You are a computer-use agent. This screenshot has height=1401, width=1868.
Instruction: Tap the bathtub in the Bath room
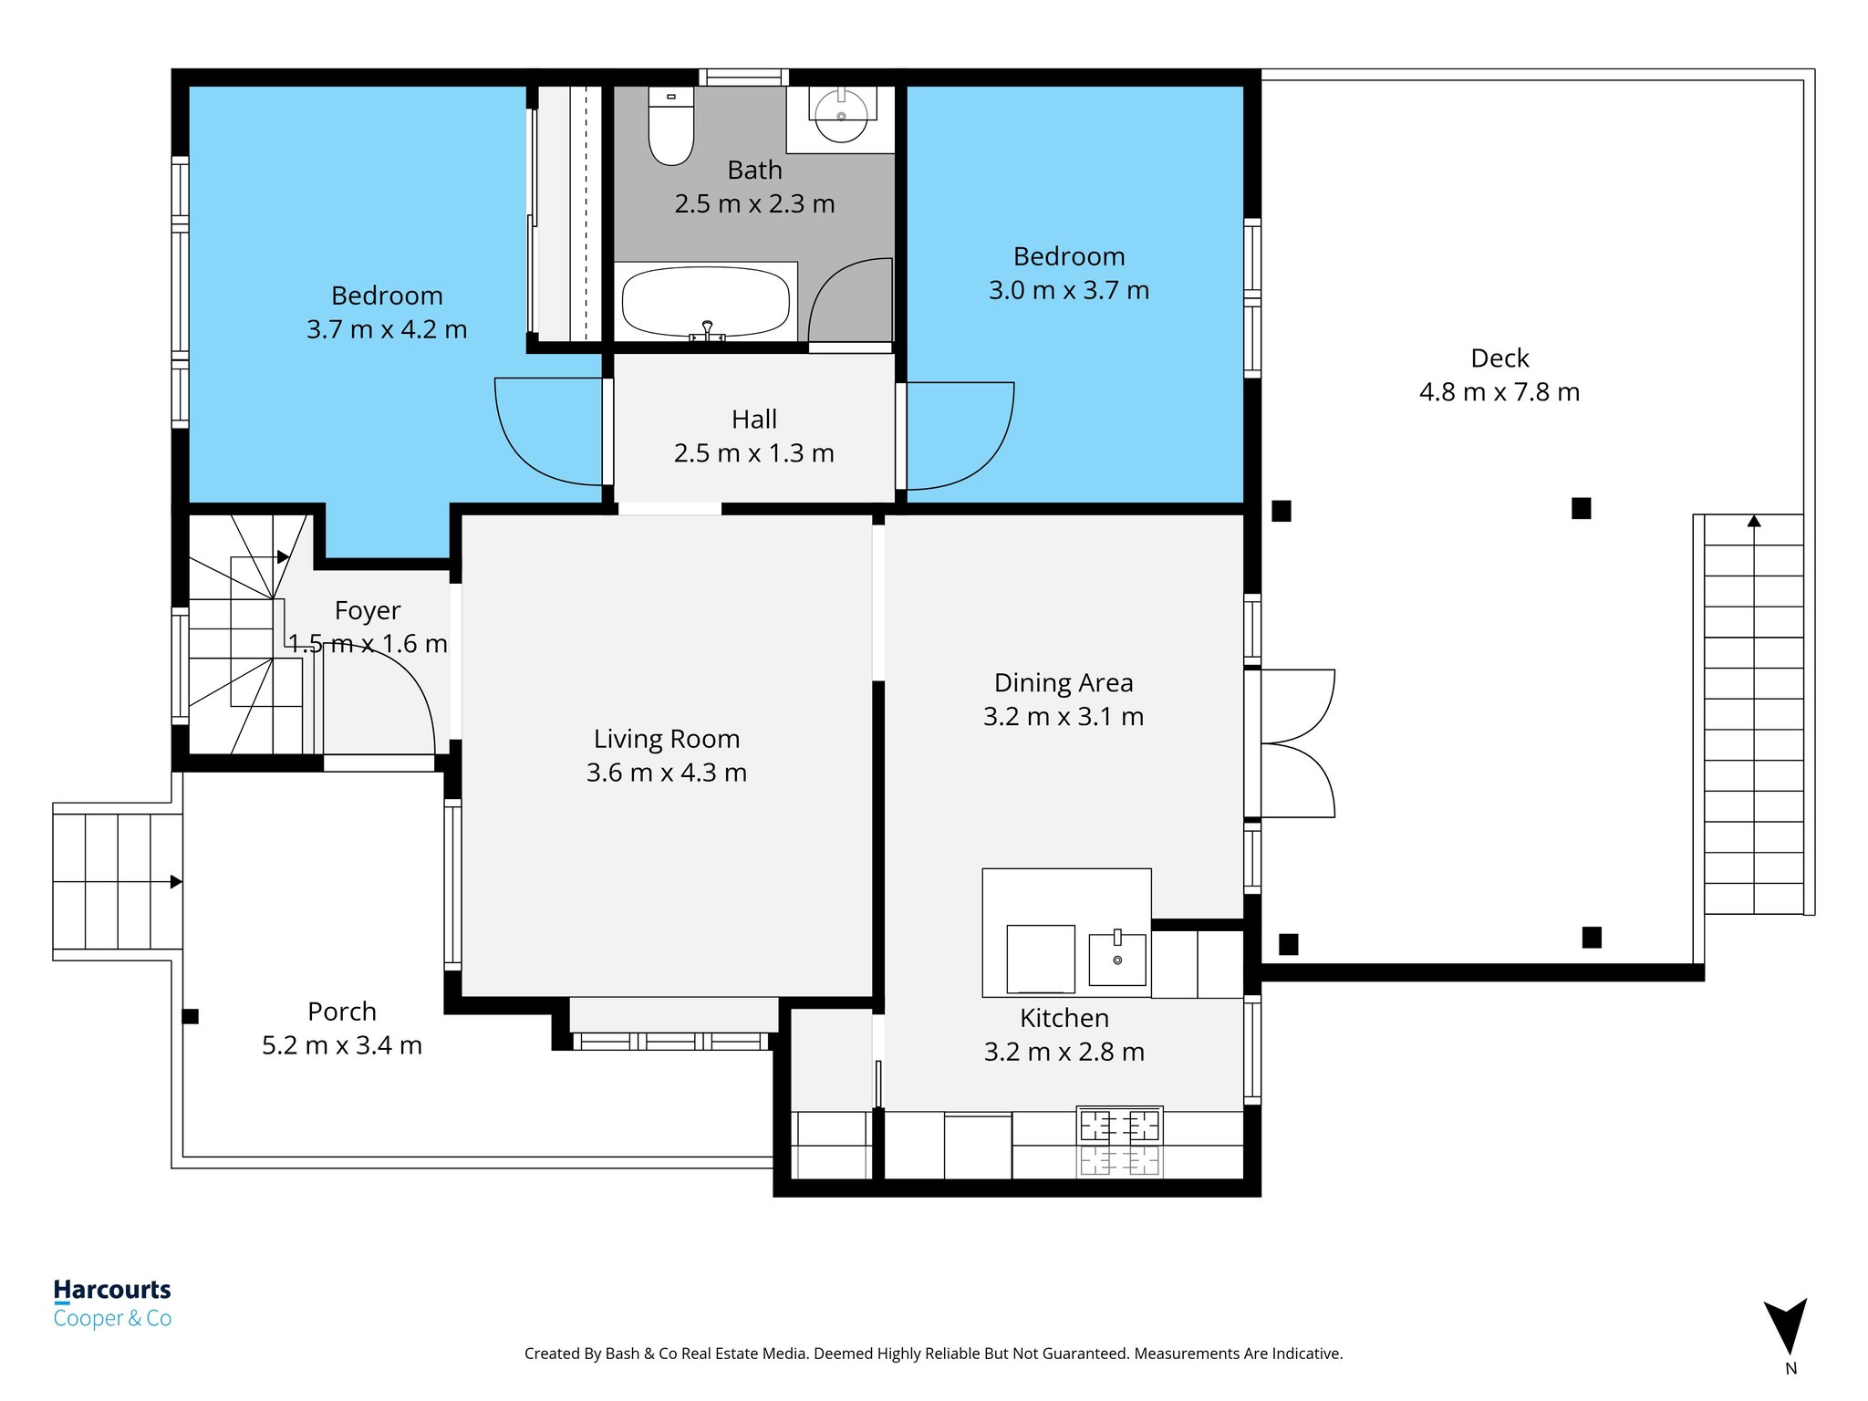tap(706, 302)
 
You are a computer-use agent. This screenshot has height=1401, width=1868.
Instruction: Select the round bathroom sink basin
tap(841, 117)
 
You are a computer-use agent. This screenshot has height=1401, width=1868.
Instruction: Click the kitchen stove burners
tap(1119, 1140)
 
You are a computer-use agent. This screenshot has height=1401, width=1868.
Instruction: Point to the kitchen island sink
tap(1117, 958)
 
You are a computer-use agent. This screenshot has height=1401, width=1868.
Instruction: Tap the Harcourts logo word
tap(112, 1290)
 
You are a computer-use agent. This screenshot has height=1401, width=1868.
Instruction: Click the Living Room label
tap(667, 739)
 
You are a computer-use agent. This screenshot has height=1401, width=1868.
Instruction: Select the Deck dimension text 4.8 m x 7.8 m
tap(1500, 392)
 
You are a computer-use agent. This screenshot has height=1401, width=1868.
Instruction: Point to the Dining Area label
tap(1064, 682)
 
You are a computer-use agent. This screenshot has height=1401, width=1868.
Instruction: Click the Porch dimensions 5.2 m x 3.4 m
tap(342, 1045)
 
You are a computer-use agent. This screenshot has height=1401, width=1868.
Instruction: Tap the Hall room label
tap(754, 420)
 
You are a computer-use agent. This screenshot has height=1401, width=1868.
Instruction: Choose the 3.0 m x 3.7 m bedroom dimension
tap(1069, 290)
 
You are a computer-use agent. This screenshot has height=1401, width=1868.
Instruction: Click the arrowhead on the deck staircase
tap(1754, 521)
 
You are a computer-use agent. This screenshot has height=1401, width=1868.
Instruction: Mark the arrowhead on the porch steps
tap(176, 882)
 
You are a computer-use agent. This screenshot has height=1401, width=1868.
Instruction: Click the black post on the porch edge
tap(191, 1016)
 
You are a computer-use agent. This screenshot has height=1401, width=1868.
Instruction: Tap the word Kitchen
tap(1064, 1018)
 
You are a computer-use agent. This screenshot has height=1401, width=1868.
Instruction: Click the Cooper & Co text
tap(112, 1318)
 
